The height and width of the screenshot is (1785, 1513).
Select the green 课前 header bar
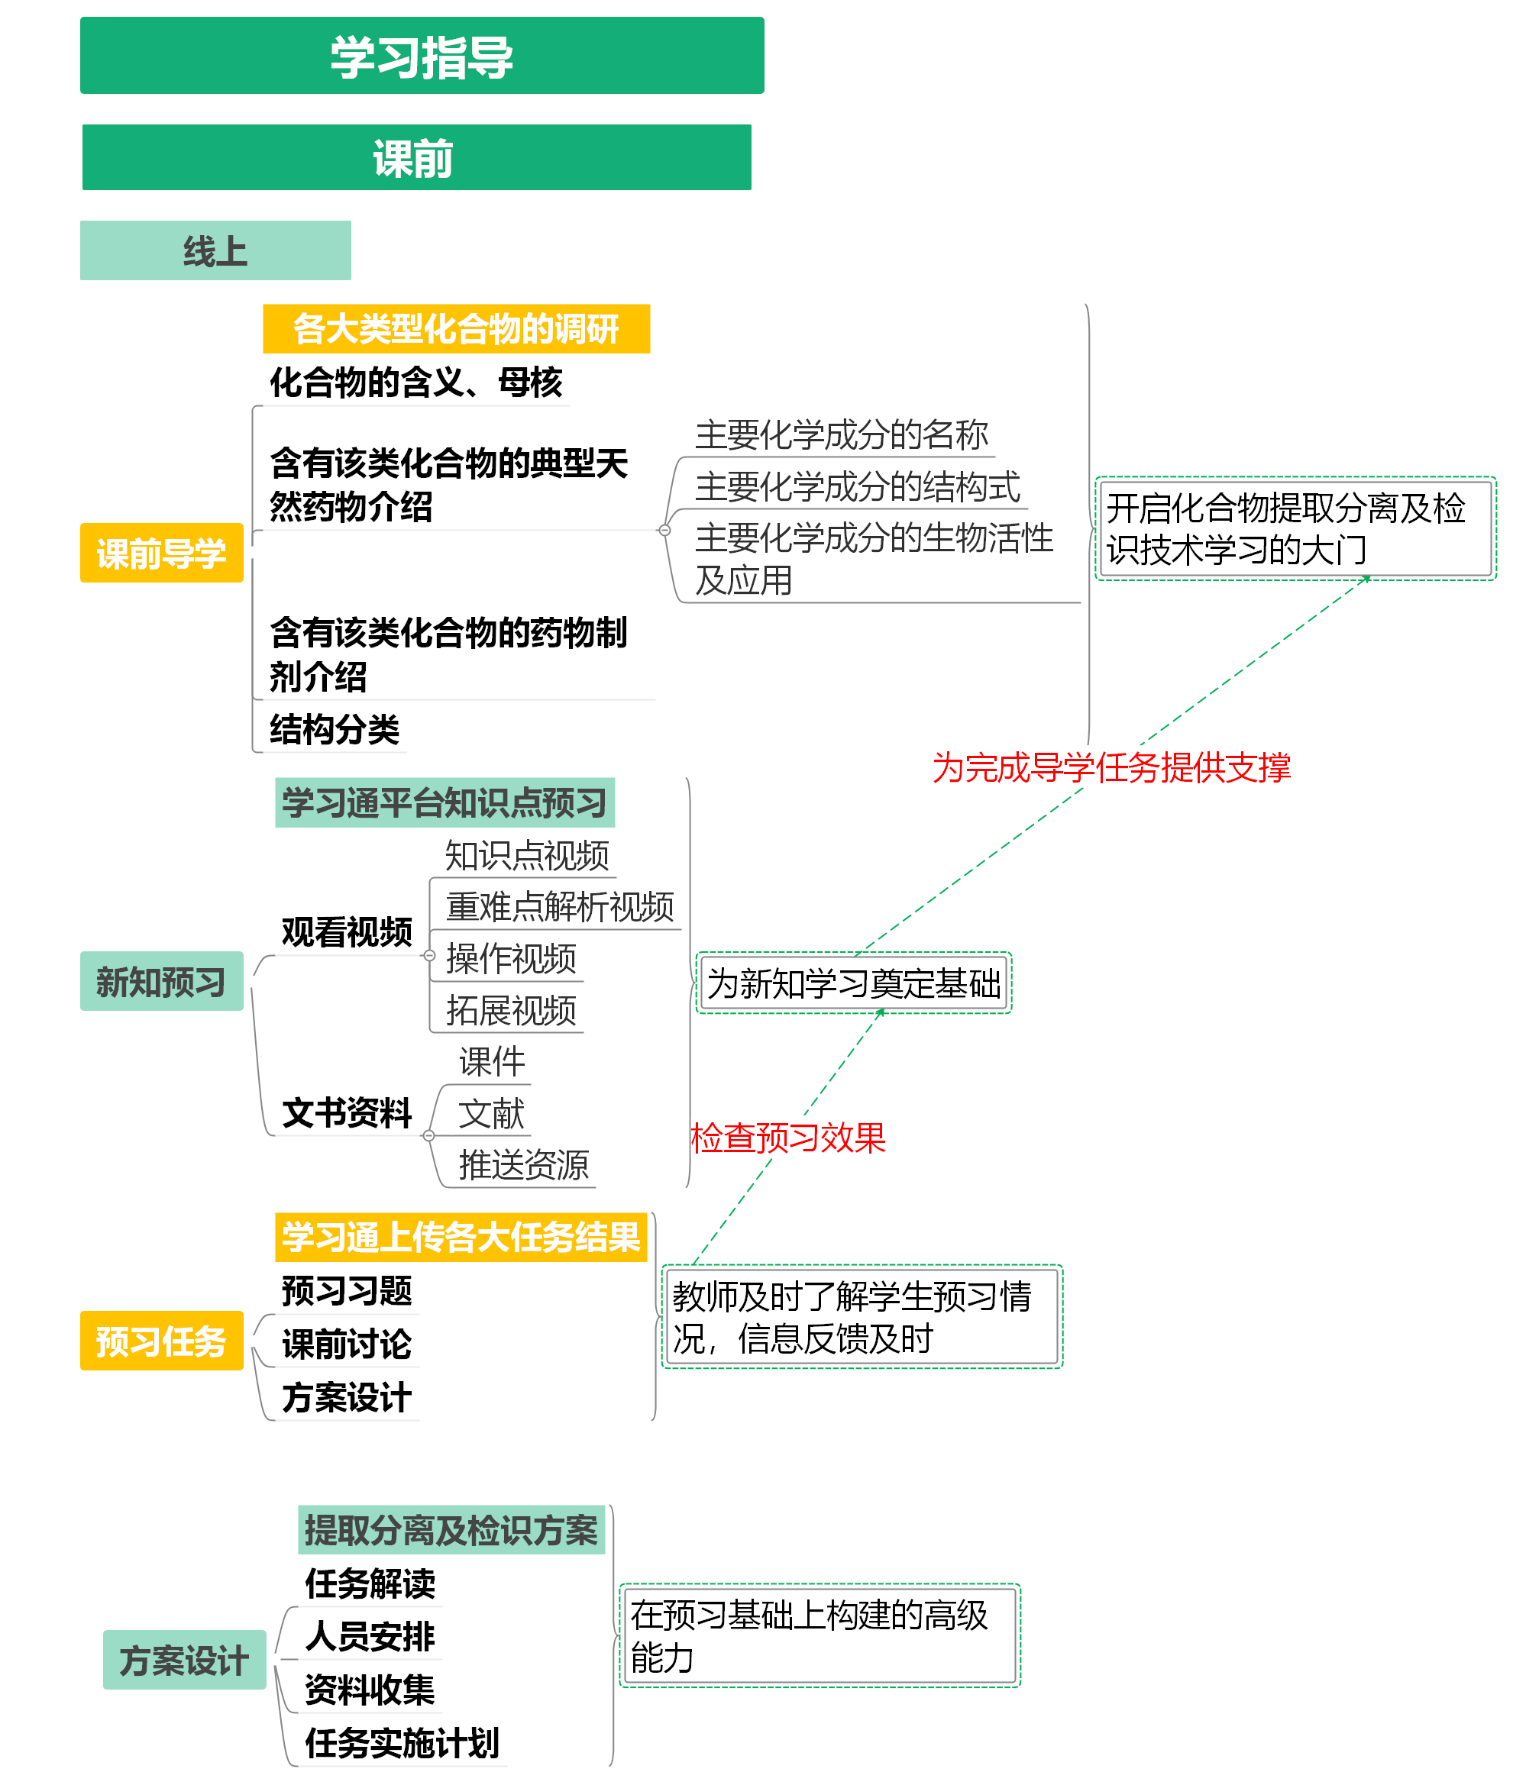pyautogui.click(x=416, y=158)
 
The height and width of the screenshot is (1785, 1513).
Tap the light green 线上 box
pyautogui.click(x=215, y=250)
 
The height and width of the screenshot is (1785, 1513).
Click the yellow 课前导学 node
pyautogui.click(x=161, y=553)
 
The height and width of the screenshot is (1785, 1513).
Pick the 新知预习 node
pyautogui.click(x=161, y=981)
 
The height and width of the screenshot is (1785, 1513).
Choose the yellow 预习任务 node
pyautogui.click(x=161, y=1340)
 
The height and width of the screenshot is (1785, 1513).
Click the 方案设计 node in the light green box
pyautogui.click(x=183, y=1659)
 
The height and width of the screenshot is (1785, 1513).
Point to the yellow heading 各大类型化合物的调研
pyautogui.click(x=455, y=328)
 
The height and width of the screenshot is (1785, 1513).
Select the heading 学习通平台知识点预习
pyautogui.click(x=445, y=802)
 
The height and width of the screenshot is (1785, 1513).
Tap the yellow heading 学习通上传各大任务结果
pyautogui.click(x=461, y=1236)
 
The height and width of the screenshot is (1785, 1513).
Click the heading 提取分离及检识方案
pyautogui.click(x=451, y=1529)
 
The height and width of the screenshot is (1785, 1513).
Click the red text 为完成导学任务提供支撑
pyautogui.click(x=1111, y=767)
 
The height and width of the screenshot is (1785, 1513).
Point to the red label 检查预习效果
pyautogui.click(x=787, y=1138)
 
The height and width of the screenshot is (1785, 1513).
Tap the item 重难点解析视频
pyautogui.click(x=559, y=906)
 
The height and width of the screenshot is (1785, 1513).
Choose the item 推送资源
pyautogui.click(x=523, y=1164)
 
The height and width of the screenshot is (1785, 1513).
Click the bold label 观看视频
pyautogui.click(x=347, y=931)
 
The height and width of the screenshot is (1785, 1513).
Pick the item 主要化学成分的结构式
pyautogui.click(x=857, y=486)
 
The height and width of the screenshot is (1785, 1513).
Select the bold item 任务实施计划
pyautogui.click(x=402, y=1742)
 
